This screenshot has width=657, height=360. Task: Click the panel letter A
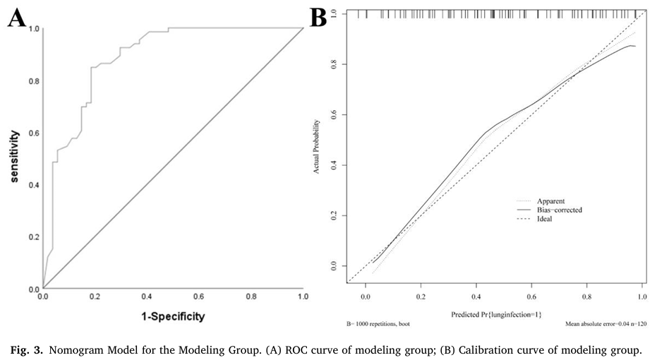point(18,17)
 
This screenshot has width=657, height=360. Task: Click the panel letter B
point(319,17)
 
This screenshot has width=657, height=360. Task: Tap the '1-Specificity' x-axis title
point(173,317)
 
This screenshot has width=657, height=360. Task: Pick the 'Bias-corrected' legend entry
point(560,210)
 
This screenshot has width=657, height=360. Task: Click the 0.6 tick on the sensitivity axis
point(33,133)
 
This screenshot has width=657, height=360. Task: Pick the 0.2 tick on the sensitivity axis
point(33,237)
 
